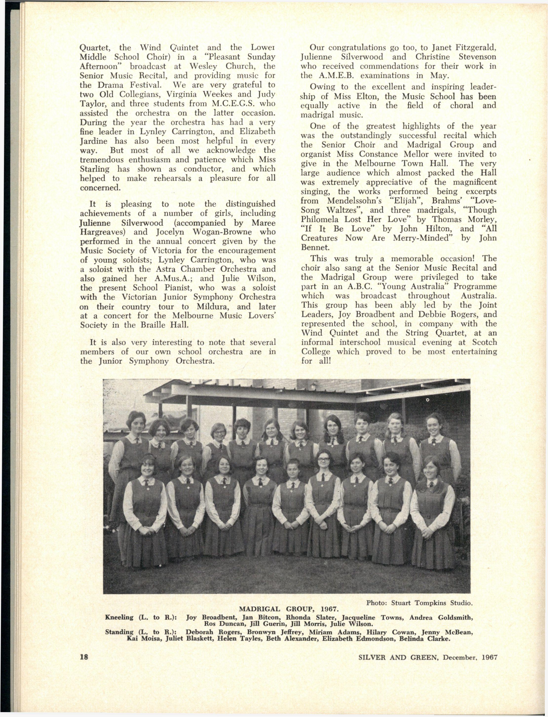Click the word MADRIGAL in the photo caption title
(x=259, y=609)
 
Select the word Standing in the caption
(x=119, y=632)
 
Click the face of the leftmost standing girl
(x=137, y=424)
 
